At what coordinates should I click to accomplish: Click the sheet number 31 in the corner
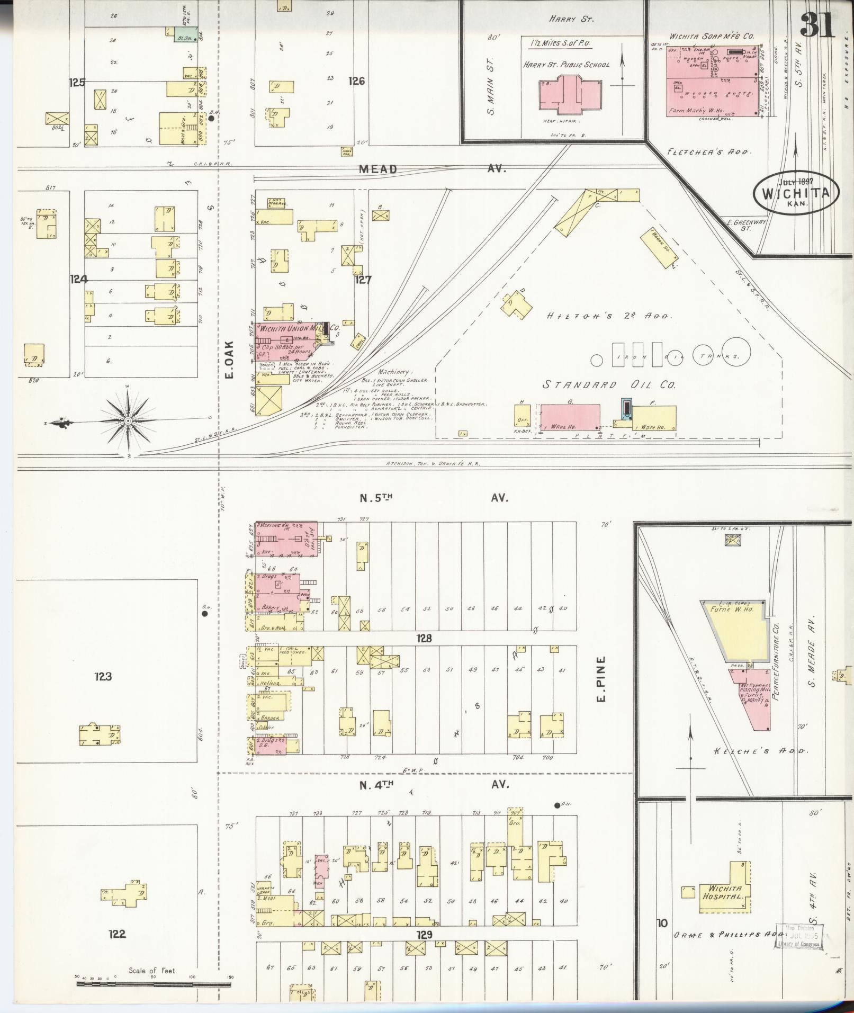[817, 24]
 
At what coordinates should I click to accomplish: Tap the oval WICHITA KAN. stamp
[796, 193]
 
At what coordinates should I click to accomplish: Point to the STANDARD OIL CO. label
[609, 385]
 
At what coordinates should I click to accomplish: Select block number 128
[424, 639]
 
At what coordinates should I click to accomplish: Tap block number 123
[103, 676]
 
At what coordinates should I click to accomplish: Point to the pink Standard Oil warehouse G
[570, 417]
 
